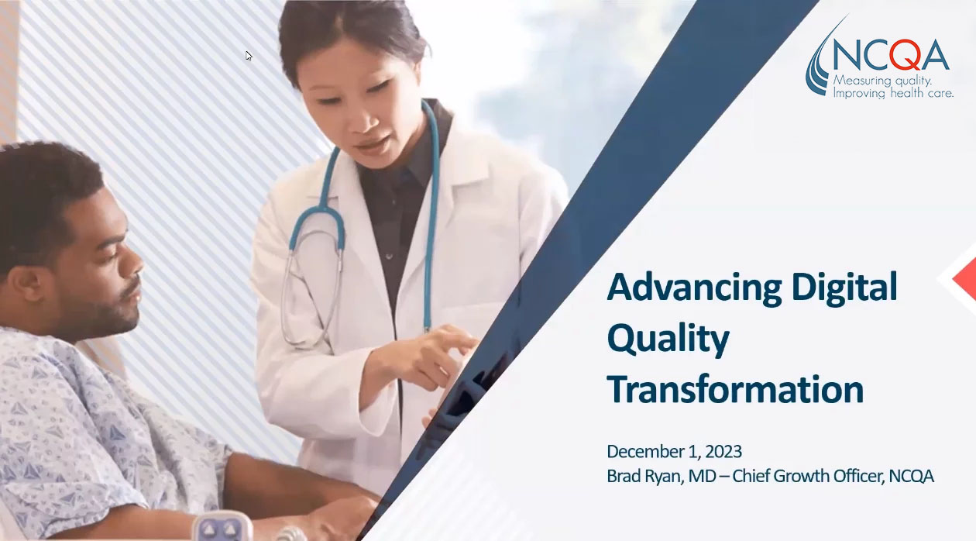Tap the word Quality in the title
(x=668, y=340)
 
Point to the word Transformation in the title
(x=735, y=389)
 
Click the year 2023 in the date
(x=723, y=452)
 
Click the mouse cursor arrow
(x=249, y=56)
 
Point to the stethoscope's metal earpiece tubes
(x=311, y=288)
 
